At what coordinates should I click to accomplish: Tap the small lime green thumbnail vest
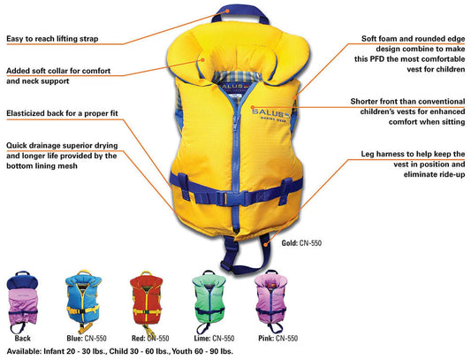point(213,302)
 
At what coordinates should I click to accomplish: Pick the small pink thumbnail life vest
point(273,302)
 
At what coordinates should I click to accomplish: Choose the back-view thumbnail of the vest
point(32,302)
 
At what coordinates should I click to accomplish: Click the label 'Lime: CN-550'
point(214,337)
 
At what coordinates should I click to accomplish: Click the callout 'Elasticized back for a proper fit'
point(62,114)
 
